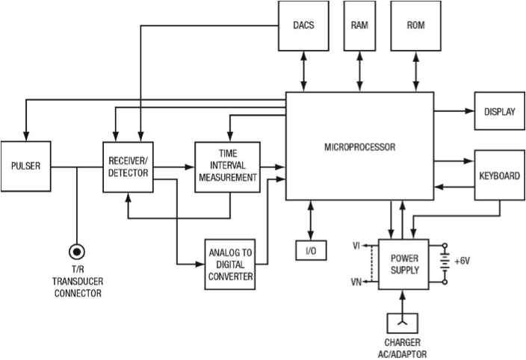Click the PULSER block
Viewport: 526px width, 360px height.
pos(26,167)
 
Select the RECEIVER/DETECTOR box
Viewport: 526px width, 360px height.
pos(129,167)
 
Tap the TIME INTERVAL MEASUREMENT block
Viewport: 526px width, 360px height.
pos(227,167)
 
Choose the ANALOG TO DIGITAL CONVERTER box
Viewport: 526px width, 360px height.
pos(230,264)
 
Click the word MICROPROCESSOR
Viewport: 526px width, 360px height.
pos(359,147)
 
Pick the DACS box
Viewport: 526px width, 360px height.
pos(303,26)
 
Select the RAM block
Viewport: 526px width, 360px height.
pos(359,26)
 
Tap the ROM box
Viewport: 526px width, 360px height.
pos(416,26)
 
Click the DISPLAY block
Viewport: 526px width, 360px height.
pos(500,111)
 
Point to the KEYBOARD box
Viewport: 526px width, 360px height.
pos(500,175)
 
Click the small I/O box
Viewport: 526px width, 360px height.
pos(311,250)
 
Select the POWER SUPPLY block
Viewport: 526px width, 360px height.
pos(403,264)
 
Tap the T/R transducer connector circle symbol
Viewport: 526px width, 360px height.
pos(77,252)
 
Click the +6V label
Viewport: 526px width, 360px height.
pos(462,261)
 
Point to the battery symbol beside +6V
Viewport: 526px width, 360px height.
pos(445,264)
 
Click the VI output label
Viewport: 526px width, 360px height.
pos(356,246)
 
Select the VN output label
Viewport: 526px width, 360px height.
pos(356,282)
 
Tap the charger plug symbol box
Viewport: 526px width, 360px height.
pos(403,323)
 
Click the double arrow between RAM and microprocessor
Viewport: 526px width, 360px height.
pos(359,72)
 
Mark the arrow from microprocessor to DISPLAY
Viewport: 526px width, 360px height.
pos(454,111)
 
